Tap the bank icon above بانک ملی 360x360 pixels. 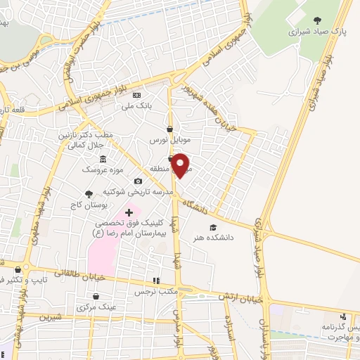(x=137, y=96)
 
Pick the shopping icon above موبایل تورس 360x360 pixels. (x=169, y=129)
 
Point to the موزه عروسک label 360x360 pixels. (x=102, y=169)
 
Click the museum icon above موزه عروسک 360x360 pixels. (x=103, y=158)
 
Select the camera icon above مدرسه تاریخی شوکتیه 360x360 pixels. (x=138, y=181)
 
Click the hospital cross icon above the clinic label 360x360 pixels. (x=129, y=212)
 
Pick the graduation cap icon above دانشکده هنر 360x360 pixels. (x=213, y=226)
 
